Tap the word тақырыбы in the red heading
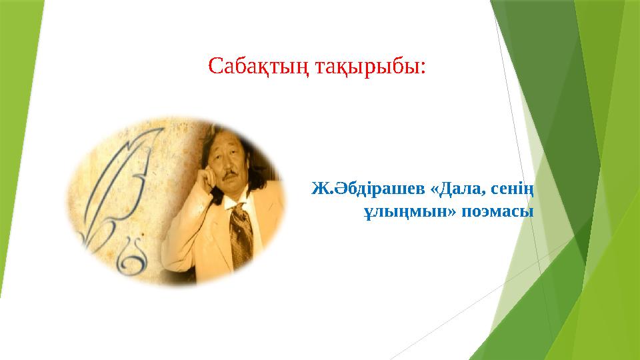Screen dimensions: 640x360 tap(367, 67)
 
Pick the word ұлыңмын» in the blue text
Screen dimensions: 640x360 tap(410, 212)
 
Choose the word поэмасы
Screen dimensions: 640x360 tap(497, 212)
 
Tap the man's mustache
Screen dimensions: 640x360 tap(231, 175)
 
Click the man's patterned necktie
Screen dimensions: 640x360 tap(241, 232)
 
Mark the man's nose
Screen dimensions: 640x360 tap(229, 167)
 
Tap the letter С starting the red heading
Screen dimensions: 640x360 tap(216, 67)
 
